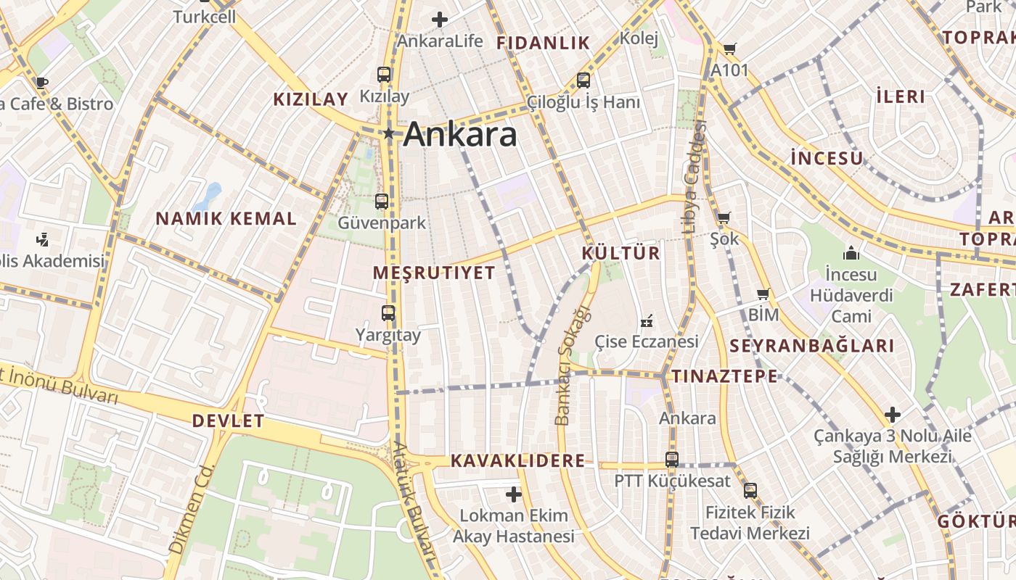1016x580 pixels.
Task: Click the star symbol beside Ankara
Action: [389, 133]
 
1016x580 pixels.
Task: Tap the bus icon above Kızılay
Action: [384, 75]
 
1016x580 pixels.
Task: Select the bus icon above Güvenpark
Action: [382, 202]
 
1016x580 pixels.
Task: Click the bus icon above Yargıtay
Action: [388, 313]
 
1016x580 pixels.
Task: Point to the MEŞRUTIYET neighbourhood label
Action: [434, 273]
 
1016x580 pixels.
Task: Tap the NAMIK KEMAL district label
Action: [226, 218]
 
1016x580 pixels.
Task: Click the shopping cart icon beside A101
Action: [729, 49]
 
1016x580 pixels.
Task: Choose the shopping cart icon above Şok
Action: [724, 217]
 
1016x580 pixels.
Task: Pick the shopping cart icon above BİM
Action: [763, 294]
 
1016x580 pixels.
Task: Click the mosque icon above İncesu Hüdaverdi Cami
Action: [851, 253]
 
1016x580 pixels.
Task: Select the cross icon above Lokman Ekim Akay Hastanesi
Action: [514, 494]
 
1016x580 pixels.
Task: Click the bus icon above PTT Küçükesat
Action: [672, 459]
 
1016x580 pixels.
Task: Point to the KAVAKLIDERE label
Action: [517, 461]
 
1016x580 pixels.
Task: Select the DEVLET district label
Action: [228, 421]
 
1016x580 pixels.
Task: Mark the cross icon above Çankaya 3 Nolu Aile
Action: [893, 415]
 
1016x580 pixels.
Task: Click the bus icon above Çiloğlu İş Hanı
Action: [583, 80]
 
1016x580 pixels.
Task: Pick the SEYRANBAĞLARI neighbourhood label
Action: [811, 347]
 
